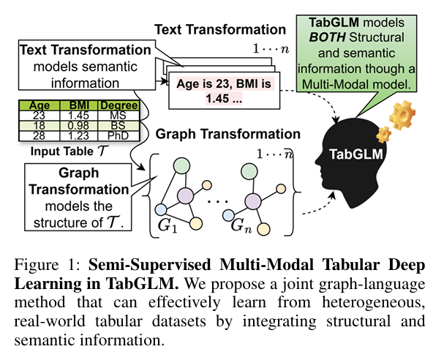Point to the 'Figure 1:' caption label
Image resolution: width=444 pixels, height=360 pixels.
(x=41, y=264)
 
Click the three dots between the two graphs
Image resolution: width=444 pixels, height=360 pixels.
(x=216, y=199)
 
